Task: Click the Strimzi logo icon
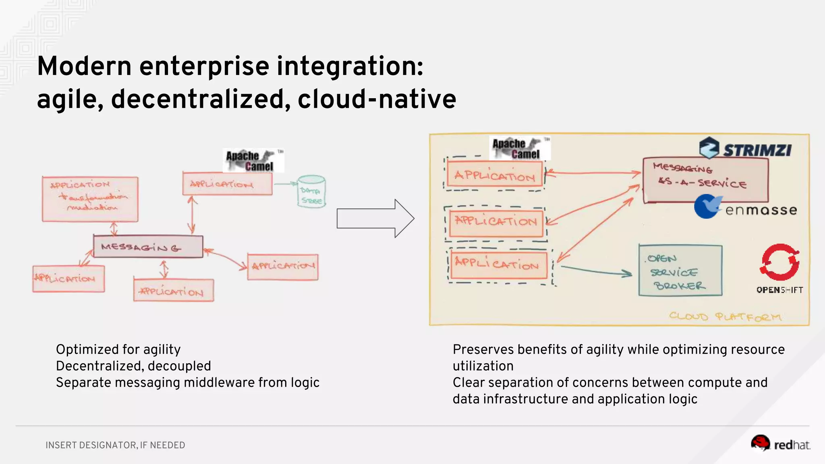tap(709, 147)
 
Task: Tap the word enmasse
tap(761, 210)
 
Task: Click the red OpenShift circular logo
tap(780, 262)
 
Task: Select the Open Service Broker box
tap(680, 271)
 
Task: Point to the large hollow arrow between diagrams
tap(375, 219)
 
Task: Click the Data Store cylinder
tap(311, 192)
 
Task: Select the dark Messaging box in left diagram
tap(148, 246)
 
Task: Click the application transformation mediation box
tap(90, 199)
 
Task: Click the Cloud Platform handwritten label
tap(725, 317)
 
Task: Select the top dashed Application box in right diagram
tap(495, 175)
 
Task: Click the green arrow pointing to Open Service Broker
tap(596, 271)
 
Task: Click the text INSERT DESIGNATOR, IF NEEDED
tap(115, 445)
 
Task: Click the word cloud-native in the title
tap(377, 99)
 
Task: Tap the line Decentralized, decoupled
tap(133, 366)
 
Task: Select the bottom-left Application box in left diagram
tap(68, 279)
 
